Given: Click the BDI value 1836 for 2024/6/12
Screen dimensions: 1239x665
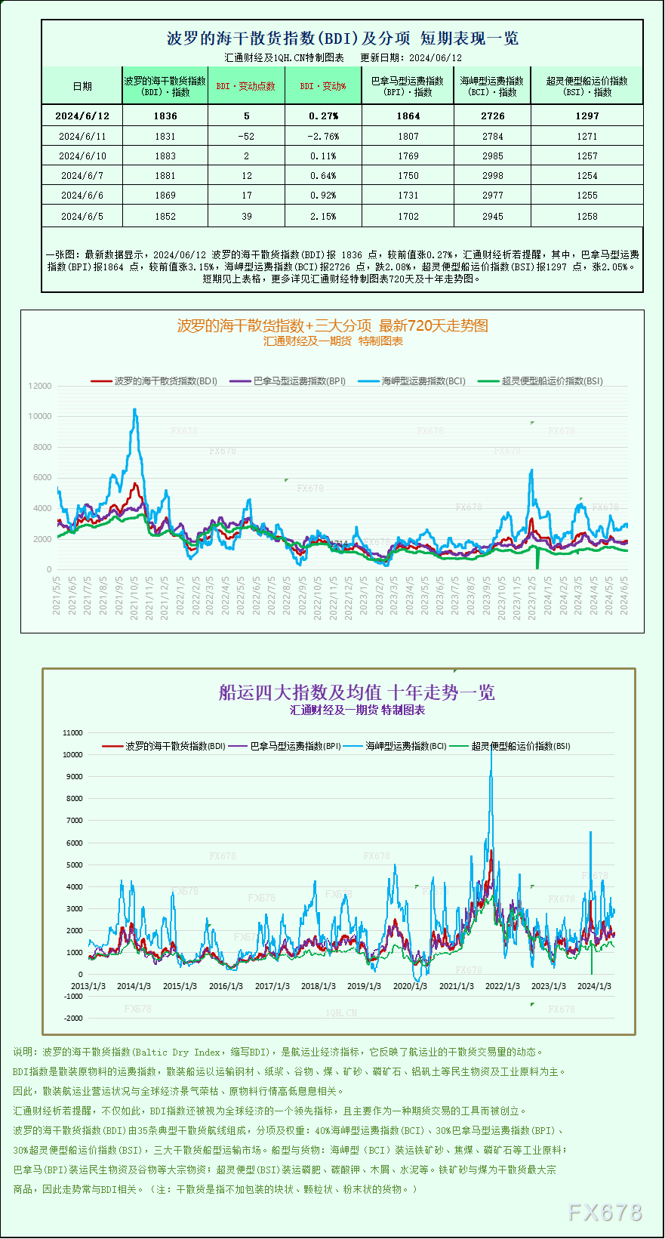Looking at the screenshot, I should click(165, 116).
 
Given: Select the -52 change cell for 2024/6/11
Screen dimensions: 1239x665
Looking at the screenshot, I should click(246, 137).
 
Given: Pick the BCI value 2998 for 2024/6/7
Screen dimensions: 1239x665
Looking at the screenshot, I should click(492, 176).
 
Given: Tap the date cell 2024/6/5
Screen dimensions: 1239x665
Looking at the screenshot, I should click(82, 217).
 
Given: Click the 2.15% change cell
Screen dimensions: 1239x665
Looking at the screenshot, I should click(323, 217).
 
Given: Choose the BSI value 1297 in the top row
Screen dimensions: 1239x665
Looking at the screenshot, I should click(586, 116).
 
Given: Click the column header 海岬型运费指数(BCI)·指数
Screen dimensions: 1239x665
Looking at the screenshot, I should click(492, 86).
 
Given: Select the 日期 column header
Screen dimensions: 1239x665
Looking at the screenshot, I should click(82, 86).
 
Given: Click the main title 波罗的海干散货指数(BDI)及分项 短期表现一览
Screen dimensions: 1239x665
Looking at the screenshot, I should click(342, 39).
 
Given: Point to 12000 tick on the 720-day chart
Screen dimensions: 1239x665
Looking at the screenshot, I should click(40, 386).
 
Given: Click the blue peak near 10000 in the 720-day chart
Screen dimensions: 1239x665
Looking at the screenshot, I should click(135, 410).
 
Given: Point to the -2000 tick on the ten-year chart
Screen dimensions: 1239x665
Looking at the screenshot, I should click(73, 1019).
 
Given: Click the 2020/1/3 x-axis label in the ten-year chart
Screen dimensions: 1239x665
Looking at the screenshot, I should click(410, 986).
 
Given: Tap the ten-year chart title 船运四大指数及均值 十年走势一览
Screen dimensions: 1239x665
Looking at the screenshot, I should click(356, 692).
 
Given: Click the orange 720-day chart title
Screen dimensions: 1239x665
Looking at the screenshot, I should click(332, 326).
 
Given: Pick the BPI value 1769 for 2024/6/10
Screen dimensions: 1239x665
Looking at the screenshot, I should click(408, 156).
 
